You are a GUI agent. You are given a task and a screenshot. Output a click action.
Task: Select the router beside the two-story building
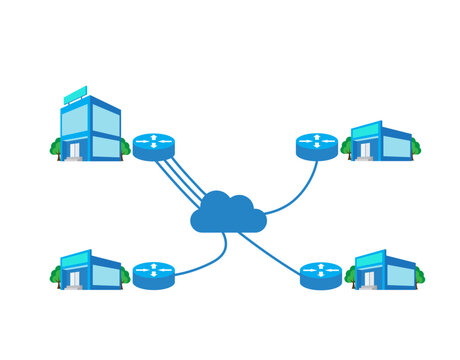pyautogui.click(x=154, y=146)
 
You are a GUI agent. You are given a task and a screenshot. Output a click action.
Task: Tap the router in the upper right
pyautogui.click(x=317, y=146)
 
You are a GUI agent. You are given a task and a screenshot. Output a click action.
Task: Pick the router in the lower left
pyautogui.click(x=154, y=274)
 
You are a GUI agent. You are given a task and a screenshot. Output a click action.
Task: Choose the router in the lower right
pyautogui.click(x=320, y=274)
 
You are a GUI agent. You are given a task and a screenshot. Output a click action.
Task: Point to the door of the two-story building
pyautogui.click(x=73, y=150)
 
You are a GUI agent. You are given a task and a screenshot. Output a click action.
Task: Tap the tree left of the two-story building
pyautogui.click(x=56, y=148)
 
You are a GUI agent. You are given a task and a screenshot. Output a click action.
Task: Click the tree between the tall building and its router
pyautogui.click(x=125, y=148)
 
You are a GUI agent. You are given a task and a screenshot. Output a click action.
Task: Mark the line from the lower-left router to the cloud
pyautogui.click(x=205, y=262)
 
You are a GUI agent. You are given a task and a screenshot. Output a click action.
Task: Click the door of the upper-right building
pyautogui.click(x=365, y=150)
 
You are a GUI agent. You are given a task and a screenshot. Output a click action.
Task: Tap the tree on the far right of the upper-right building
pyautogui.click(x=415, y=148)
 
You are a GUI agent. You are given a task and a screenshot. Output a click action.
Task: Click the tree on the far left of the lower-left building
pyautogui.click(x=56, y=274)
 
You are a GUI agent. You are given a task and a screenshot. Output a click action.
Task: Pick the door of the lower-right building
pyautogui.click(x=368, y=278)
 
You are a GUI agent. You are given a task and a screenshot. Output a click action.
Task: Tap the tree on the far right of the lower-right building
pyautogui.click(x=419, y=275)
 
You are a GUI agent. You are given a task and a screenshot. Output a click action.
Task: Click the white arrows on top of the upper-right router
pyautogui.click(x=317, y=140)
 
